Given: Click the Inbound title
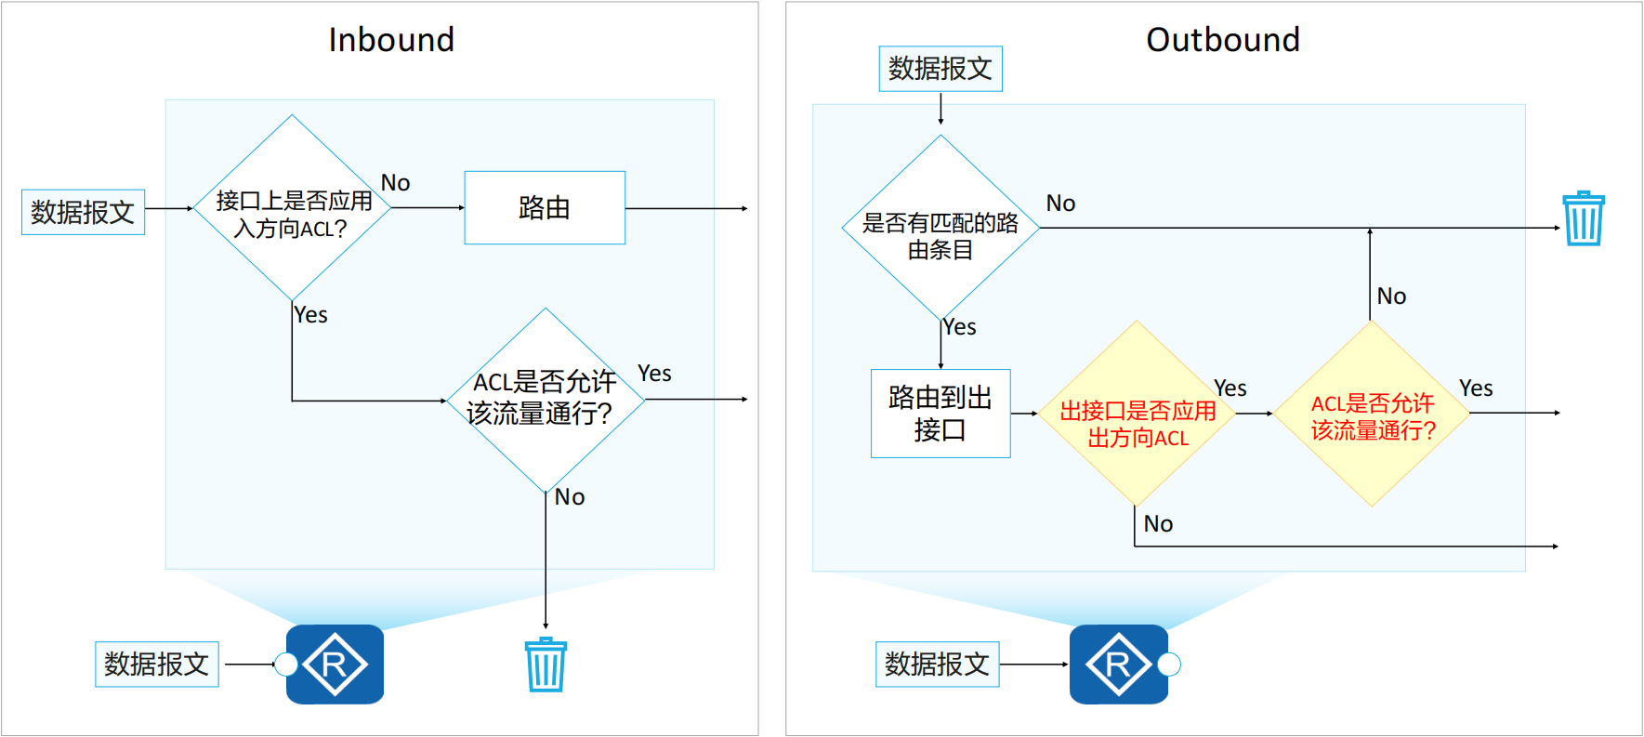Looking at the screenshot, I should tap(391, 40).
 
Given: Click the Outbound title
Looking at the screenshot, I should tap(1222, 40).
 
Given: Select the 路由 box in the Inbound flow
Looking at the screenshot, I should tap(545, 207).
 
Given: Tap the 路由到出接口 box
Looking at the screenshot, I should tap(940, 414).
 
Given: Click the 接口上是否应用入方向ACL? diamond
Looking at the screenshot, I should tap(292, 208).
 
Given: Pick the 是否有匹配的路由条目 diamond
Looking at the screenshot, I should tap(940, 229).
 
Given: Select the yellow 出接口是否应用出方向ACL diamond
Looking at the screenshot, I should tap(1137, 414).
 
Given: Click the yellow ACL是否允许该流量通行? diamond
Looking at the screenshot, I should tap(1372, 414).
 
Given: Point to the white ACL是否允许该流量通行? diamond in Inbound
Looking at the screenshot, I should tap(546, 400).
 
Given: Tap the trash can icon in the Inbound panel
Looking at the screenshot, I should tap(546, 665).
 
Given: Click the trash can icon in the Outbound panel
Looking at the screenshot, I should tap(1584, 218).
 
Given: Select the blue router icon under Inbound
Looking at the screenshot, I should tap(335, 665).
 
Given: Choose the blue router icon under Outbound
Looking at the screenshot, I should tap(1119, 665).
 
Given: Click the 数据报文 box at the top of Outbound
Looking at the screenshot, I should tap(940, 69).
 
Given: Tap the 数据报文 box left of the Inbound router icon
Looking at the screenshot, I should tap(157, 665).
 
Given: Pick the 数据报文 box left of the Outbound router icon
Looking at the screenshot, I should tap(937, 665).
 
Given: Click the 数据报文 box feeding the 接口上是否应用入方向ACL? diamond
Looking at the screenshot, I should tap(83, 212).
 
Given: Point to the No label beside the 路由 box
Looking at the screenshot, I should tap(396, 183).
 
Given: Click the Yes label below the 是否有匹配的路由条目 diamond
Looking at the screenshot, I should tap(960, 327).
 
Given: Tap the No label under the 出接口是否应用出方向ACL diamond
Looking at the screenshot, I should tap(1158, 524).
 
